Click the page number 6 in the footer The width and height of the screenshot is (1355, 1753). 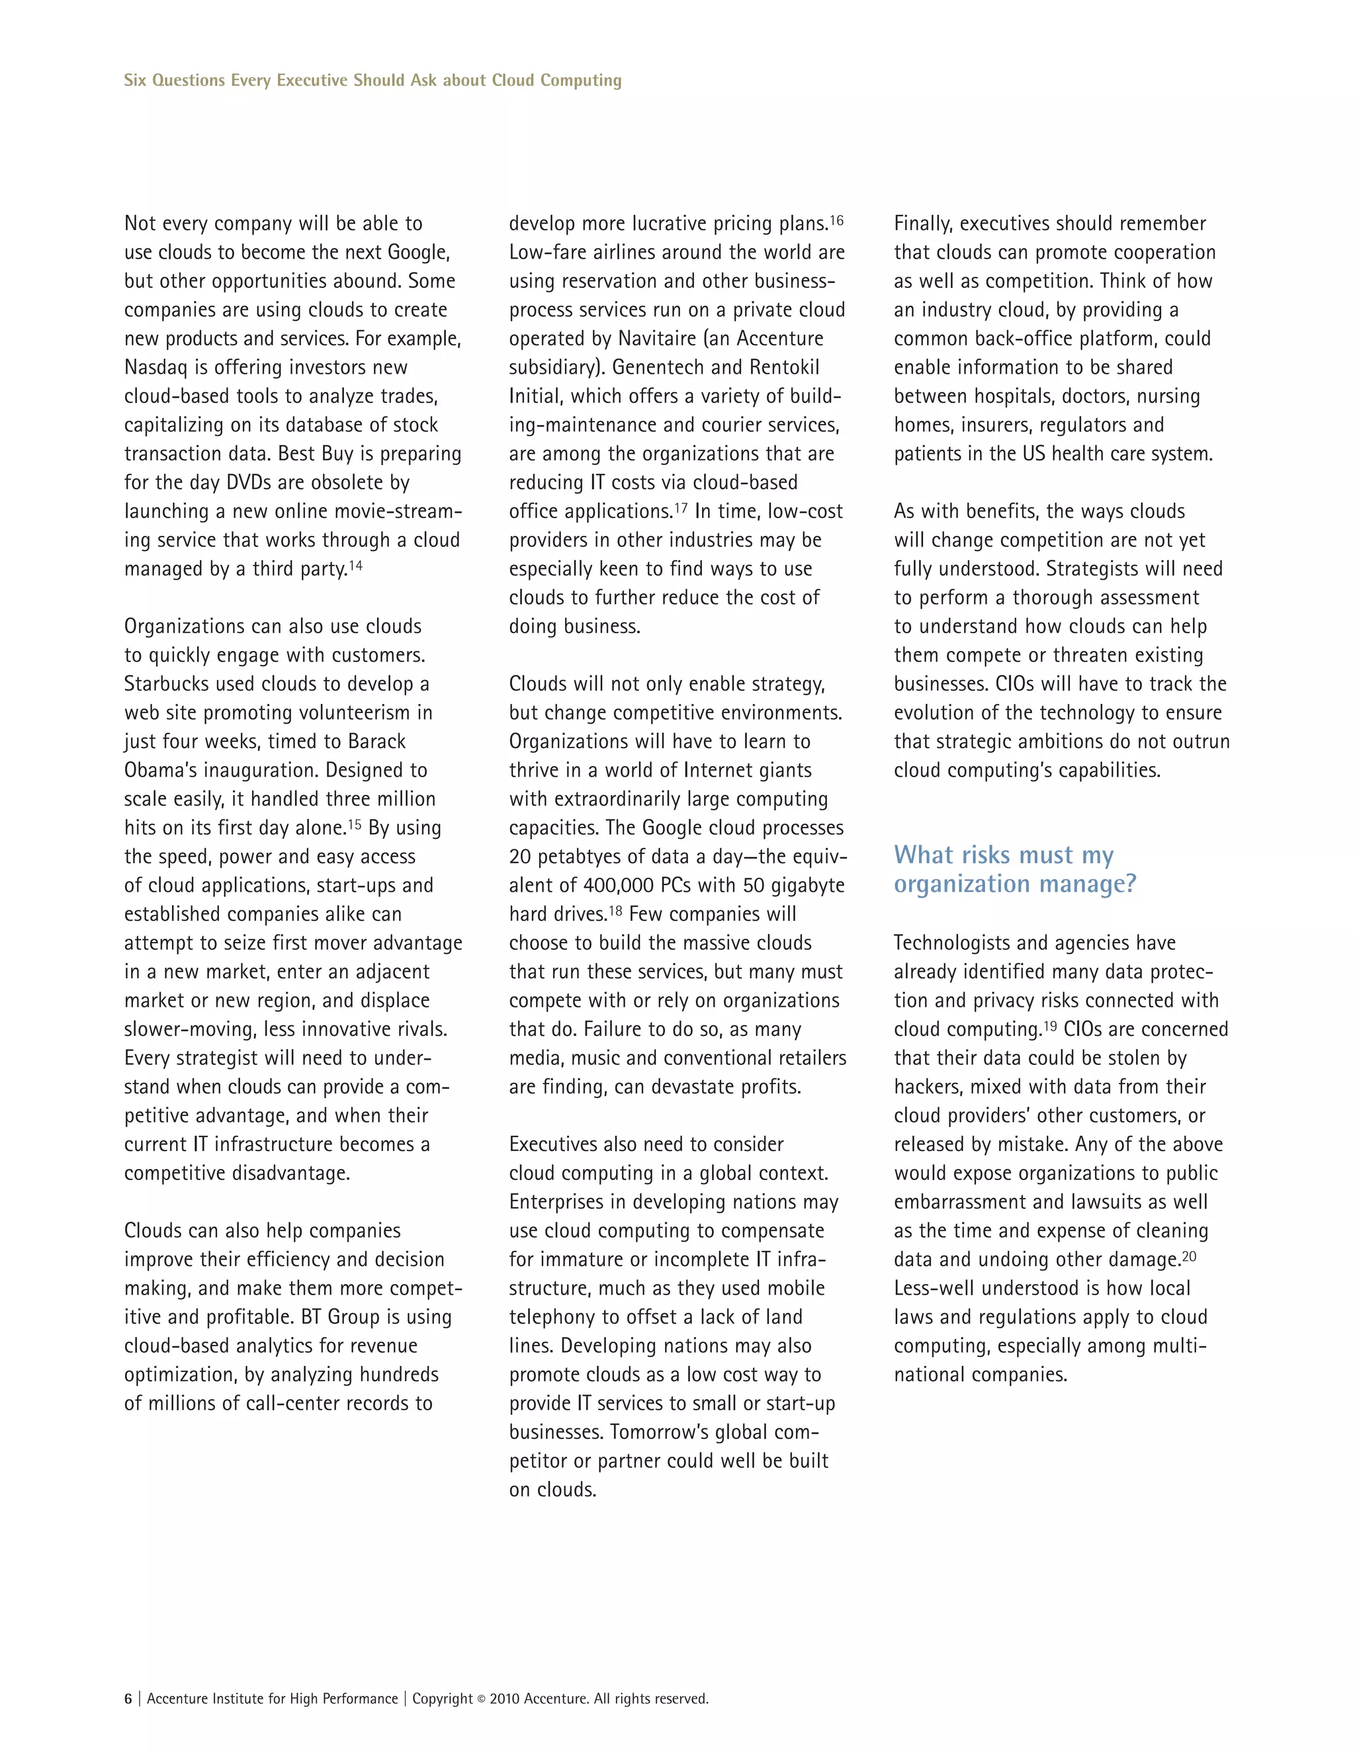[x=128, y=1698]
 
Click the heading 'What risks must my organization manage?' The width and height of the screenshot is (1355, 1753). [x=1015, y=869]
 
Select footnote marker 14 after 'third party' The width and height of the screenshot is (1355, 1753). [x=355, y=566]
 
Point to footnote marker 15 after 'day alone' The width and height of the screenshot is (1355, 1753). [x=354, y=824]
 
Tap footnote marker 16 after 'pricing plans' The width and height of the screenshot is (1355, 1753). [x=836, y=220]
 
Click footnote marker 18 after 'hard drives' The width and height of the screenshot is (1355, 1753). [x=616, y=911]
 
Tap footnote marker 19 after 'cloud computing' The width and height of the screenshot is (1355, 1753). [x=1050, y=1026]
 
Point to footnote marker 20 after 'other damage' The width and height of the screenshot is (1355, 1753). [x=1189, y=1256]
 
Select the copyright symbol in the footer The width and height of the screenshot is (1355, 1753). [x=482, y=1699]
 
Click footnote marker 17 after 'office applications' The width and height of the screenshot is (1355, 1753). [x=681, y=508]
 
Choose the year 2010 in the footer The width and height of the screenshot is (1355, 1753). [x=505, y=1698]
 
